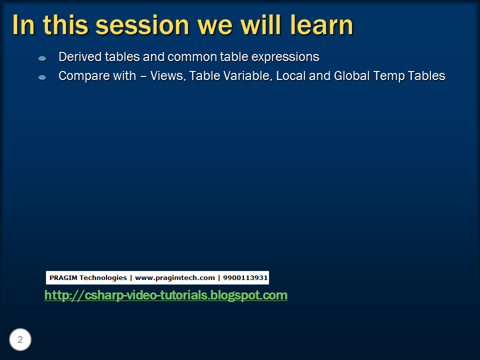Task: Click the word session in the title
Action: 142,25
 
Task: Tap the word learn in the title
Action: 321,25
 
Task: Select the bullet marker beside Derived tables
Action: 42,58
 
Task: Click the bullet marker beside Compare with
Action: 42,77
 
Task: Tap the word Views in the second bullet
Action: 168,76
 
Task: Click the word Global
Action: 351,76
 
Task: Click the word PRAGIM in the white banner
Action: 63,277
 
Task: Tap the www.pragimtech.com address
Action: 175,278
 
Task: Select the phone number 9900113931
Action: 245,277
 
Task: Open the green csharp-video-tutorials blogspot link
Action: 166,295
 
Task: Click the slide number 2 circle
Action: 20,339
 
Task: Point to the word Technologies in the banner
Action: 103,278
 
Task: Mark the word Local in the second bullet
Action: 291,76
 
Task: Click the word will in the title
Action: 261,25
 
